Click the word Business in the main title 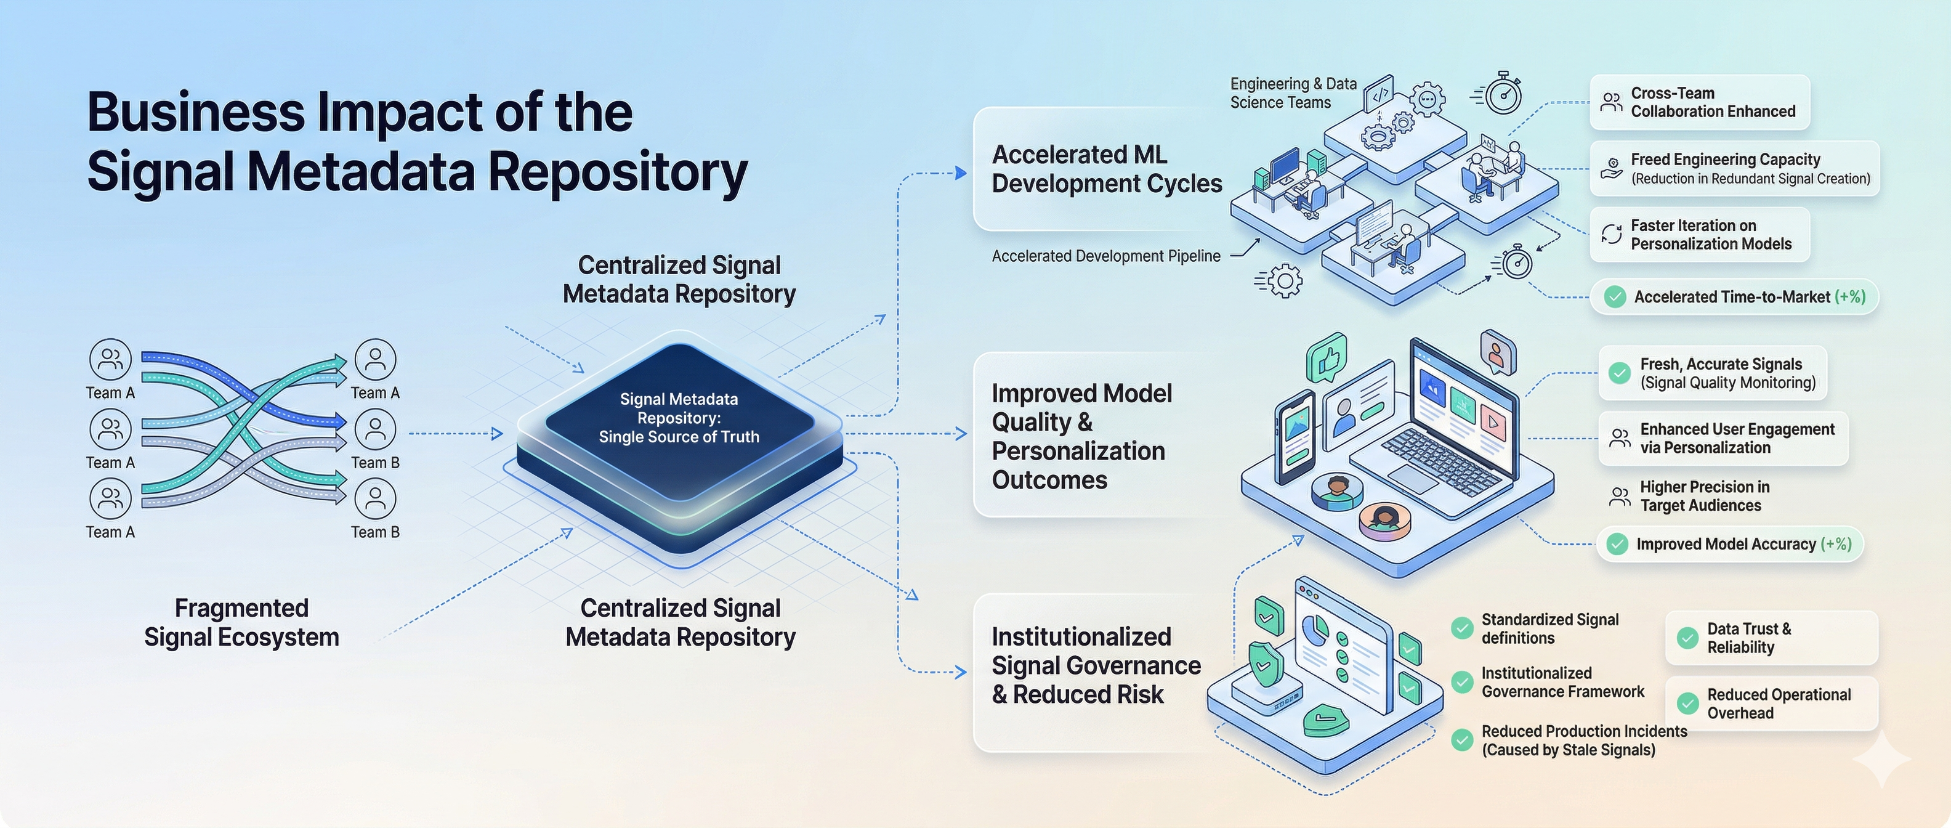[195, 113]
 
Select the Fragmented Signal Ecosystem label [241, 623]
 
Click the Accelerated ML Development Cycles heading [1107, 169]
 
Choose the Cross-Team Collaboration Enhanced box [1700, 102]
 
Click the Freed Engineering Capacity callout [1734, 168]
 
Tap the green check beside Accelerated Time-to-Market [1615, 297]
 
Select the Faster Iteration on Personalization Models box [1700, 235]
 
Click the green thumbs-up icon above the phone [1327, 357]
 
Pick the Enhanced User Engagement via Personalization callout [1723, 439]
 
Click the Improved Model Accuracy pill [1730, 544]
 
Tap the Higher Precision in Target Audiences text [1704, 496]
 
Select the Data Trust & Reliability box [1772, 638]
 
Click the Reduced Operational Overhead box [1772, 704]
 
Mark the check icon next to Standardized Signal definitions [1462, 628]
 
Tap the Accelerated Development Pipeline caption [1106, 256]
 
